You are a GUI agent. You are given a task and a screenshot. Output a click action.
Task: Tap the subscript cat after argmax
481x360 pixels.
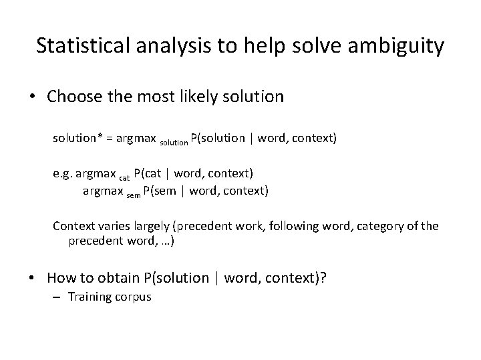click(124, 177)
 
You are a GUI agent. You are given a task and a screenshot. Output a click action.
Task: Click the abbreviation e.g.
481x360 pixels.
click(63, 175)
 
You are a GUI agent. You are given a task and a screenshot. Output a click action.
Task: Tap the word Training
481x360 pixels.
click(89, 297)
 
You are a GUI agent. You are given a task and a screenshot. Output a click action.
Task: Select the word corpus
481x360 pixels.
click(133, 297)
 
